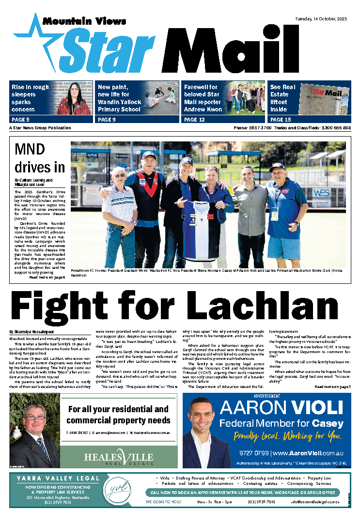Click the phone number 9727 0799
(x=253, y=453)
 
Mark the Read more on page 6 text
(x=47, y=278)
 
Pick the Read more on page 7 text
(x=332, y=387)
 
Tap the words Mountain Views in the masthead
(x=84, y=21)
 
